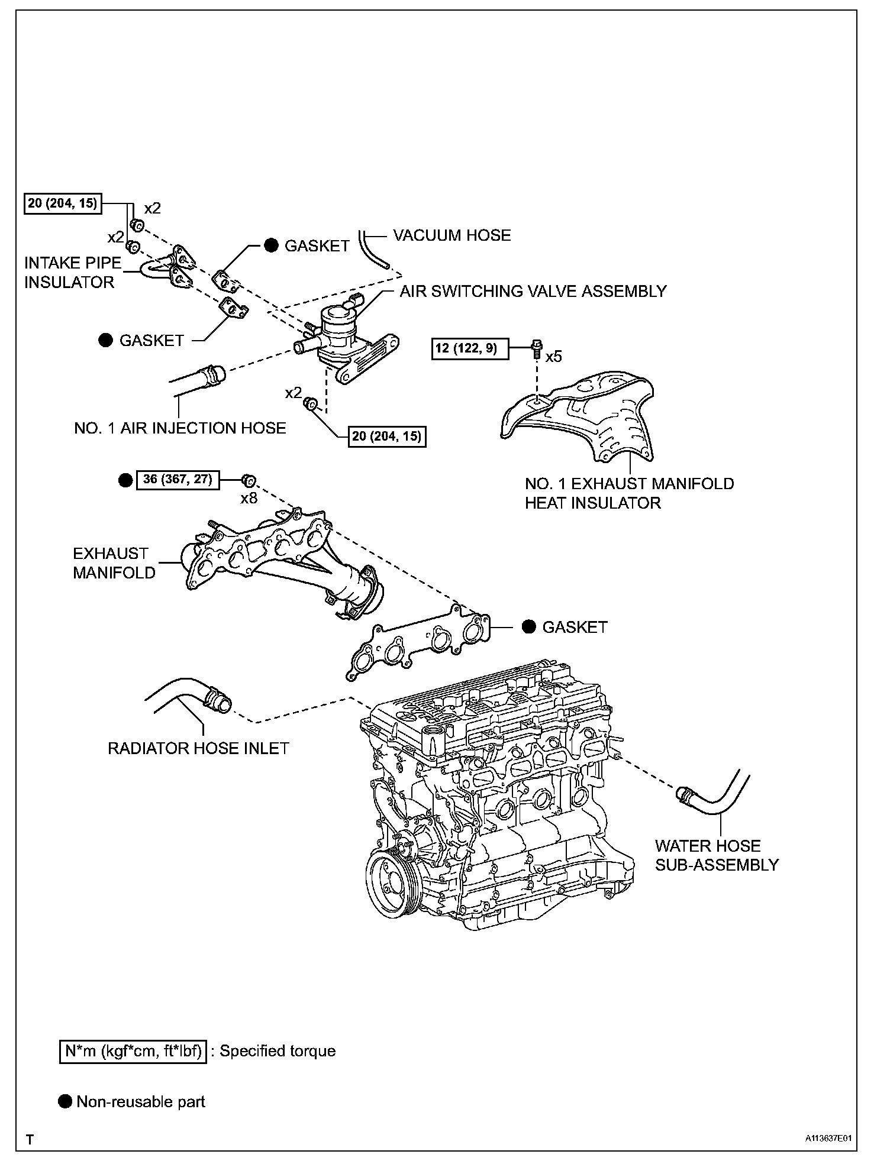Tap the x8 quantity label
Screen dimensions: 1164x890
249,498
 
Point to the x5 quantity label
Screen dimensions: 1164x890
553,357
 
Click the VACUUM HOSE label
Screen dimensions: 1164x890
452,235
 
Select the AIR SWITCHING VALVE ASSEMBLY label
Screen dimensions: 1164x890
533,291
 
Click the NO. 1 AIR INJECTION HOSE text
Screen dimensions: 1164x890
180,428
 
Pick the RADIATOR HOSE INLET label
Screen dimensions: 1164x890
198,748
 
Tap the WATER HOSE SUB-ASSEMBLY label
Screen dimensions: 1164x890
716,855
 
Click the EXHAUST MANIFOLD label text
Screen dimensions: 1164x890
114,563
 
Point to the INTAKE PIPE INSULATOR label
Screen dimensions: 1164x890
72,273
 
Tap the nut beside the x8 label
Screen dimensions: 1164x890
249,480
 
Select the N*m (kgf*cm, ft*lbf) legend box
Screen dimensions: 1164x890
133,1051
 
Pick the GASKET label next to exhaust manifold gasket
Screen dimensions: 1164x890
575,627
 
